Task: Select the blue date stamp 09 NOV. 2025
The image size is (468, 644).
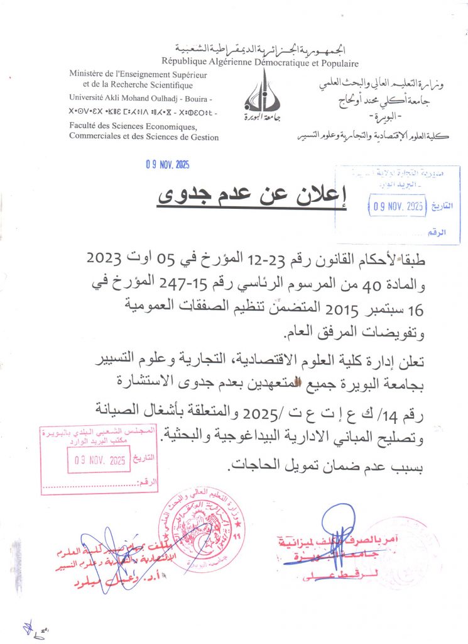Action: [167, 165]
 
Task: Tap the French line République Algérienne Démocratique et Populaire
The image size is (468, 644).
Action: [260, 63]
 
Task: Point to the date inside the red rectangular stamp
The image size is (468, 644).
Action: [97, 460]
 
